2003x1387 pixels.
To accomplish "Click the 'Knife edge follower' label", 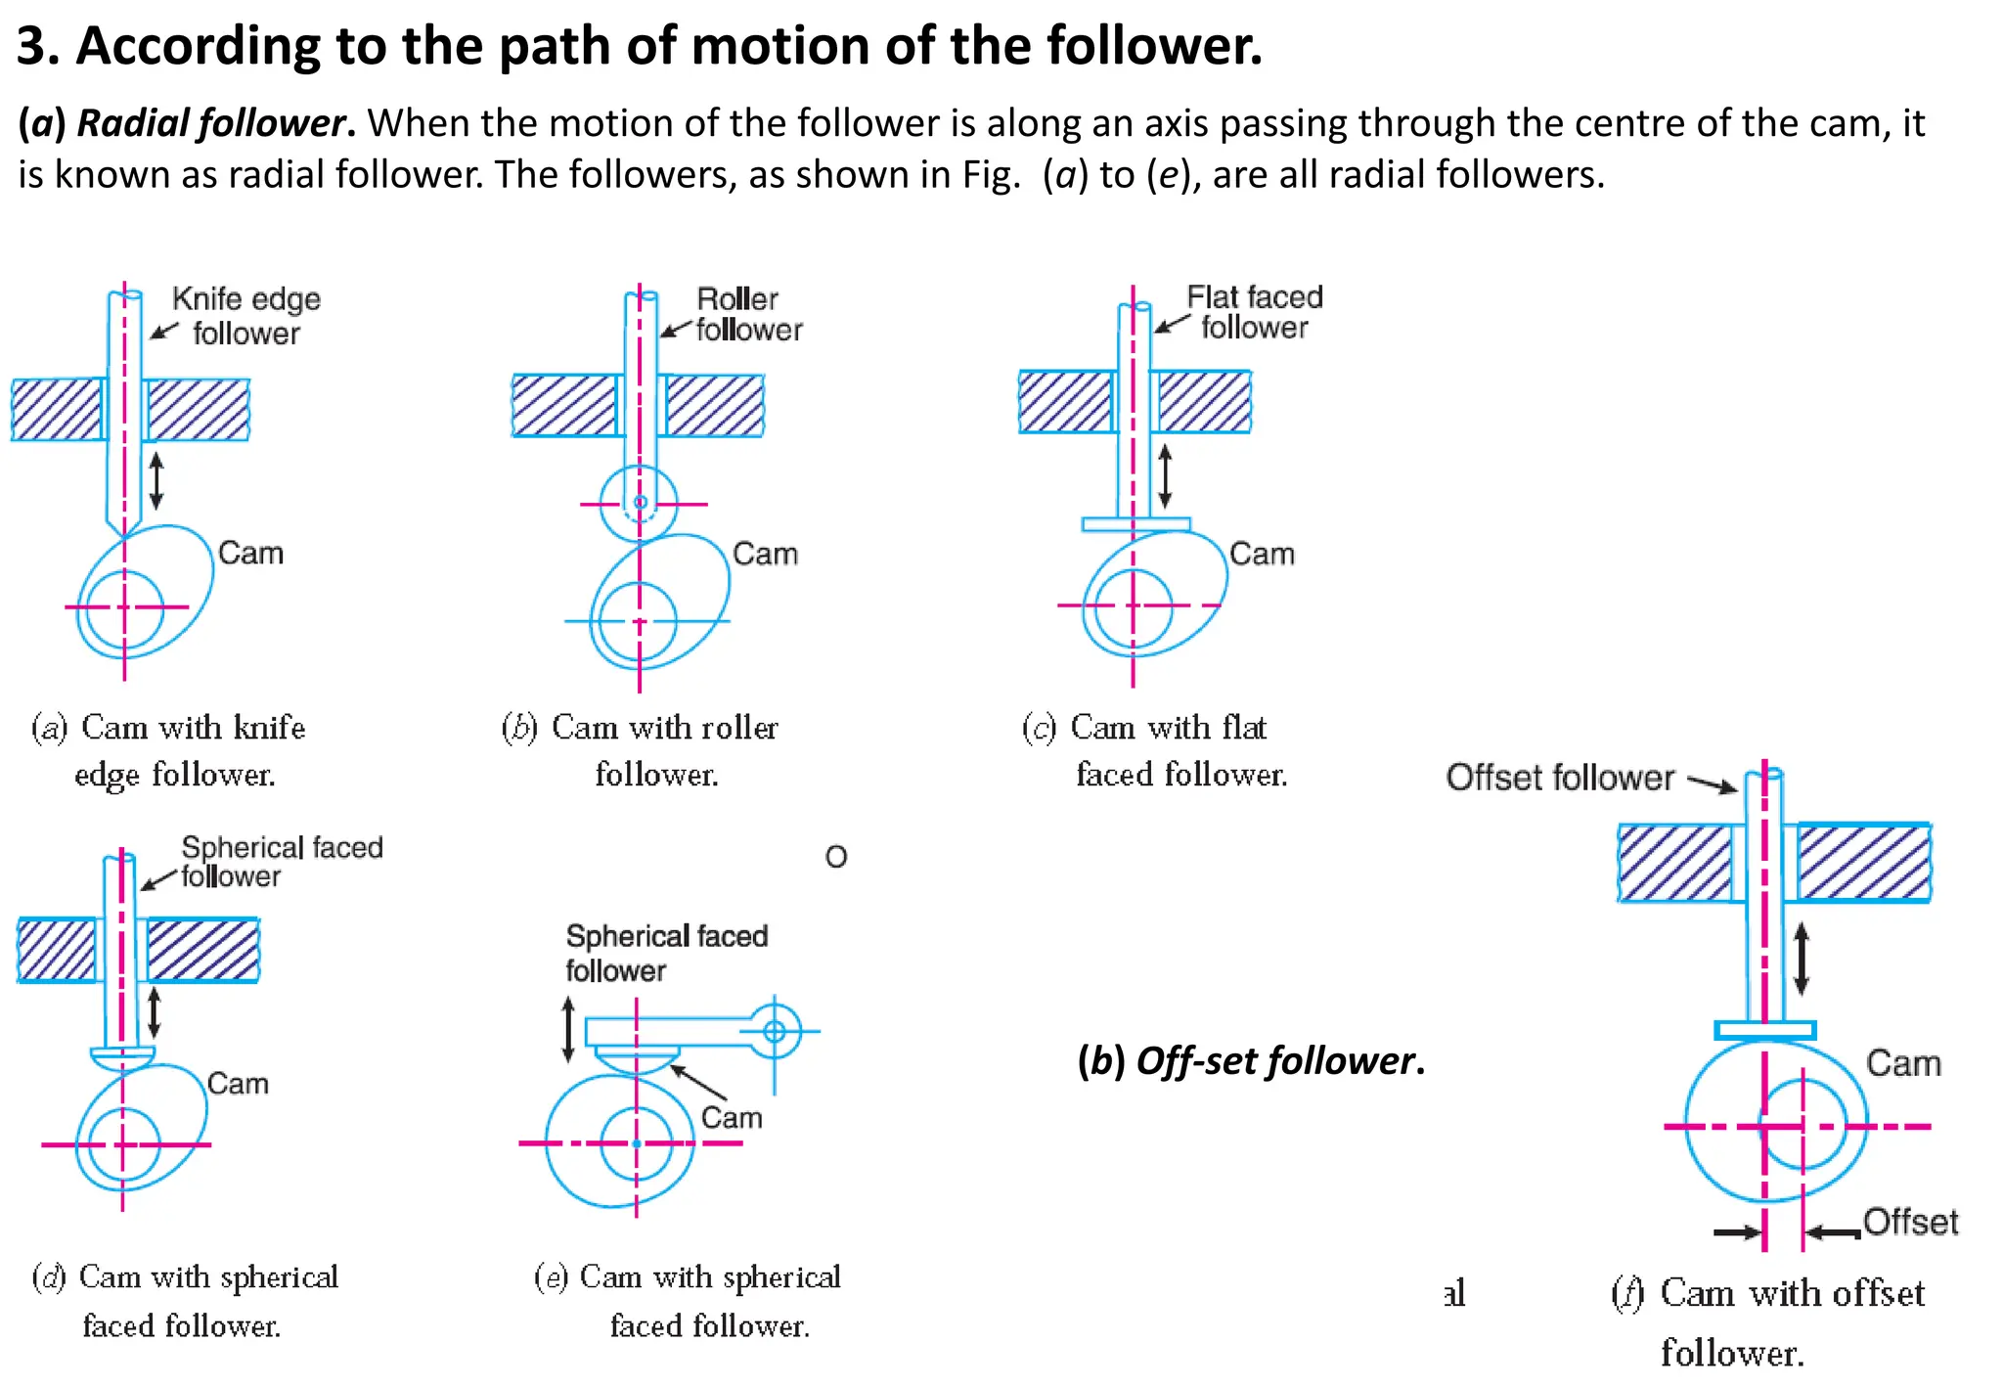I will point(245,316).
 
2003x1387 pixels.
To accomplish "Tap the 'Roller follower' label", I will point(748,314).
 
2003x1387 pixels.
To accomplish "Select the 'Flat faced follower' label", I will point(1254,312).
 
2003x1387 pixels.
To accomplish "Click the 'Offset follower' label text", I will point(1559,778).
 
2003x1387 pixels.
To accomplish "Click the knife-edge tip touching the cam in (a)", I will point(125,534).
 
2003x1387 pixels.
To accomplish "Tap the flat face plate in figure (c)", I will point(1135,524).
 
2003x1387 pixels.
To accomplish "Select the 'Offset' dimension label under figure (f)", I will point(1910,1222).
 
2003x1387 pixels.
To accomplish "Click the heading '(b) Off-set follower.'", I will point(1250,1060).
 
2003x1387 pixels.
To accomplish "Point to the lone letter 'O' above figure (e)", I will point(836,857).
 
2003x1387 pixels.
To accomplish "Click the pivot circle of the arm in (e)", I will point(775,1031).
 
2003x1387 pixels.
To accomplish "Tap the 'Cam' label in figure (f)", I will point(1902,1063).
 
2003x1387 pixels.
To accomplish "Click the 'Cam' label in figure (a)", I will point(250,553).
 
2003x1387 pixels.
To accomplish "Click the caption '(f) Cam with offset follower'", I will point(1766,1321).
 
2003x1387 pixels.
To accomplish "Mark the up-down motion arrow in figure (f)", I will point(1801,960).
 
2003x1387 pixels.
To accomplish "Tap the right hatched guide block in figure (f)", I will point(1863,862).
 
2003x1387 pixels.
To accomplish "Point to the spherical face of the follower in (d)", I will point(122,1058).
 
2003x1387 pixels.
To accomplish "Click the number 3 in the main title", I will point(30,46).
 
